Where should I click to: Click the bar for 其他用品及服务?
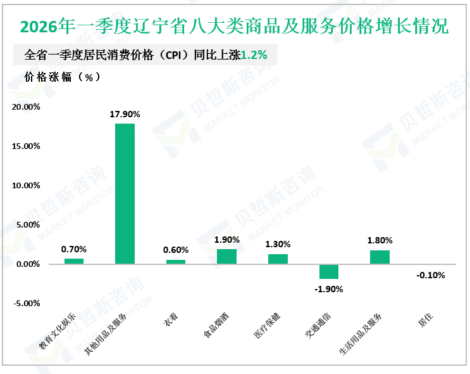pyautogui.click(x=125, y=194)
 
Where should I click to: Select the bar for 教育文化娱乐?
pyautogui.click(x=74, y=261)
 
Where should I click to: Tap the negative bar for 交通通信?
pyautogui.click(x=329, y=271)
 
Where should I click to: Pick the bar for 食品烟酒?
pyautogui.click(x=227, y=257)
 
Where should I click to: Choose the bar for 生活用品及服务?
pyautogui.click(x=380, y=257)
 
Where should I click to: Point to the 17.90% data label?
pyautogui.click(x=125, y=114)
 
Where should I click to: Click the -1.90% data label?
pyautogui.click(x=329, y=289)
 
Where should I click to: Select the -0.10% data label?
pyautogui.click(x=431, y=275)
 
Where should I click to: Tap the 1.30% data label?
pyautogui.click(x=278, y=244)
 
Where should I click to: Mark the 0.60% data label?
pyautogui.click(x=176, y=250)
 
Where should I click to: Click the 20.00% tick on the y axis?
pyautogui.click(x=26, y=107)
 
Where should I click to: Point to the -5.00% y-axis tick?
pyautogui.click(x=27, y=304)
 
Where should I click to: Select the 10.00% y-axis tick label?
pyautogui.click(x=26, y=185)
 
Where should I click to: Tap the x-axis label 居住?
pyautogui.click(x=426, y=319)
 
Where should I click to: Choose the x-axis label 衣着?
pyautogui.click(x=171, y=319)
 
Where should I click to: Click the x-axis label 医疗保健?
pyautogui.click(x=267, y=325)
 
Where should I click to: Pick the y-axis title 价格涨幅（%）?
pyautogui.click(x=63, y=77)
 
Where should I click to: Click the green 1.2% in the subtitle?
pyautogui.click(x=254, y=55)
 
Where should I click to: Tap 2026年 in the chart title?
pyautogui.click(x=47, y=26)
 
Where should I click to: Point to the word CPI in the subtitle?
pyautogui.click(x=173, y=55)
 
